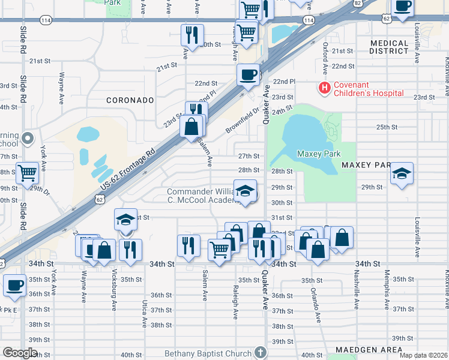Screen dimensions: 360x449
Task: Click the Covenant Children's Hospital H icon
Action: point(325,88)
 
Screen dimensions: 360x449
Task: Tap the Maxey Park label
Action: point(319,154)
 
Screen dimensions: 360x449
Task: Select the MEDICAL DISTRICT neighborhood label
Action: point(389,47)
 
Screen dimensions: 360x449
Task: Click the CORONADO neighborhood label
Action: point(130,100)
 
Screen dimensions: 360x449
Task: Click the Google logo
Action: point(20,352)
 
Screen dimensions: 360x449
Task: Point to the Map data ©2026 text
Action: point(423,355)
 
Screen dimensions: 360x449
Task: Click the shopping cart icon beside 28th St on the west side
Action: point(28,173)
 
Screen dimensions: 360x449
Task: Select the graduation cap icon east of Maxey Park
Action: point(402,174)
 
